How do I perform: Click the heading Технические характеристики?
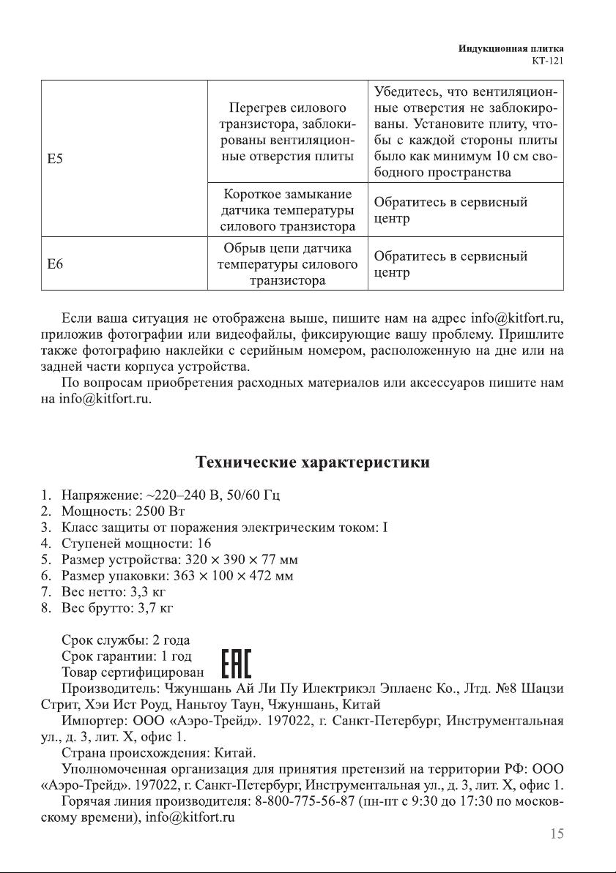click(x=312, y=462)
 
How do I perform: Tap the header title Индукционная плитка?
click(x=515, y=48)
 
